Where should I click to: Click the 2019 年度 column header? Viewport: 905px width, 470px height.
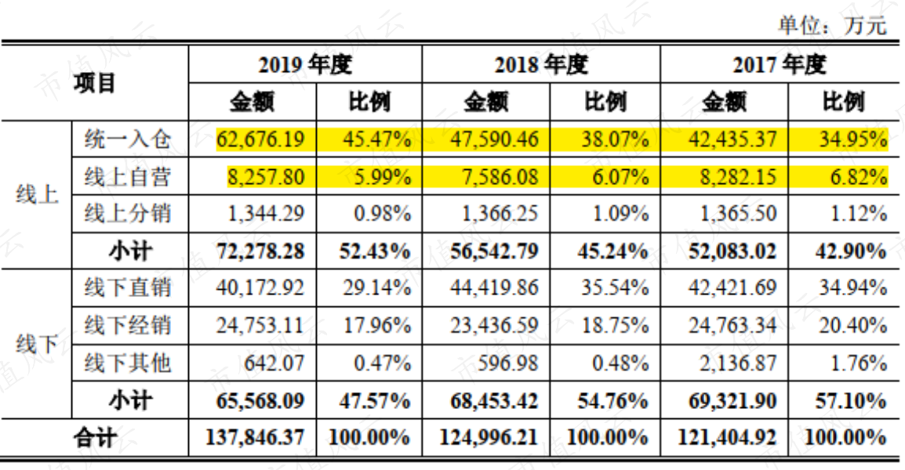[305, 64]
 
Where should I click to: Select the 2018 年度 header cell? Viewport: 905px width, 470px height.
[541, 64]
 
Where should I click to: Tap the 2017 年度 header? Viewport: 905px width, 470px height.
[780, 64]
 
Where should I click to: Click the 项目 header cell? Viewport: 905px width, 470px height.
[94, 83]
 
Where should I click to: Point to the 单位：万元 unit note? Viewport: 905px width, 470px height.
[832, 25]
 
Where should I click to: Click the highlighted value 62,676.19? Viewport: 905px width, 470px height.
[260, 139]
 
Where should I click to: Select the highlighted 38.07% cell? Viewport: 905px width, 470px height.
[614, 139]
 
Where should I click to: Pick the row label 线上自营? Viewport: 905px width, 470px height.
[128, 176]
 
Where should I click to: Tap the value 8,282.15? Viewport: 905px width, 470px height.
[738, 176]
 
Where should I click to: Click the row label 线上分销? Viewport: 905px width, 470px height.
[128, 213]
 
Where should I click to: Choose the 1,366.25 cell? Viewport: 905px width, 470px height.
[500, 214]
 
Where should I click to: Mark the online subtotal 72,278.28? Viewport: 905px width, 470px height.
[260, 251]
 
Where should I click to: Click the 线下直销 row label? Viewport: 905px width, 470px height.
[128, 287]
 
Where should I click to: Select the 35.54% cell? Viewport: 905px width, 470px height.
[614, 287]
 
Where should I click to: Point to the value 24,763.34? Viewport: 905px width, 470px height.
[732, 326]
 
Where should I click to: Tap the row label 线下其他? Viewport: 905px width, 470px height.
[128, 363]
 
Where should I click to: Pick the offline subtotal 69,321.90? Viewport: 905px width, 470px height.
[732, 401]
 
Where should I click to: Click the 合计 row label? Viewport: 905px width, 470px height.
[94, 438]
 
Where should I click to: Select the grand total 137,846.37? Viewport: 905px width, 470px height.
[255, 438]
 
